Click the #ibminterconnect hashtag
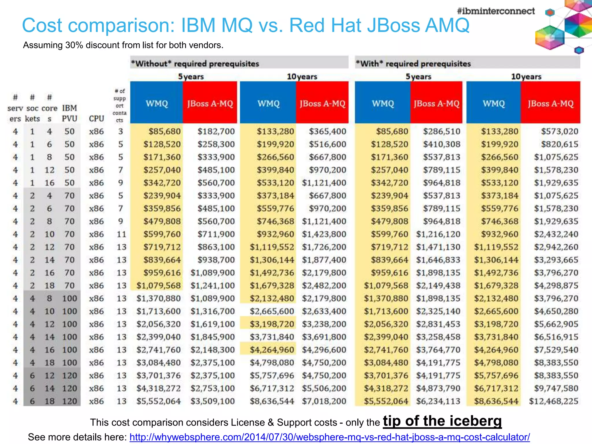click(496, 11)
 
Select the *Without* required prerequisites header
click(195, 64)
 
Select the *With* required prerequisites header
click(413, 64)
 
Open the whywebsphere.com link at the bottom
click(330, 437)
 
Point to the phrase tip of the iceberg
click(442, 421)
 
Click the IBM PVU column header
click(69, 113)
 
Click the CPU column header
click(96, 119)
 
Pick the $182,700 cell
click(216, 132)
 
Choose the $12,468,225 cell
click(554, 401)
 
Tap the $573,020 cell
click(560, 132)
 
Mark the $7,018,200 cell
click(324, 401)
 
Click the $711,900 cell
click(216, 234)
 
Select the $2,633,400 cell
click(324, 311)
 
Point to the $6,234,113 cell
click(438, 401)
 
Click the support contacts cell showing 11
click(121, 234)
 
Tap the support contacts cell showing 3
click(121, 132)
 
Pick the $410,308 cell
click(441, 144)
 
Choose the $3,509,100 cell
click(212, 401)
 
